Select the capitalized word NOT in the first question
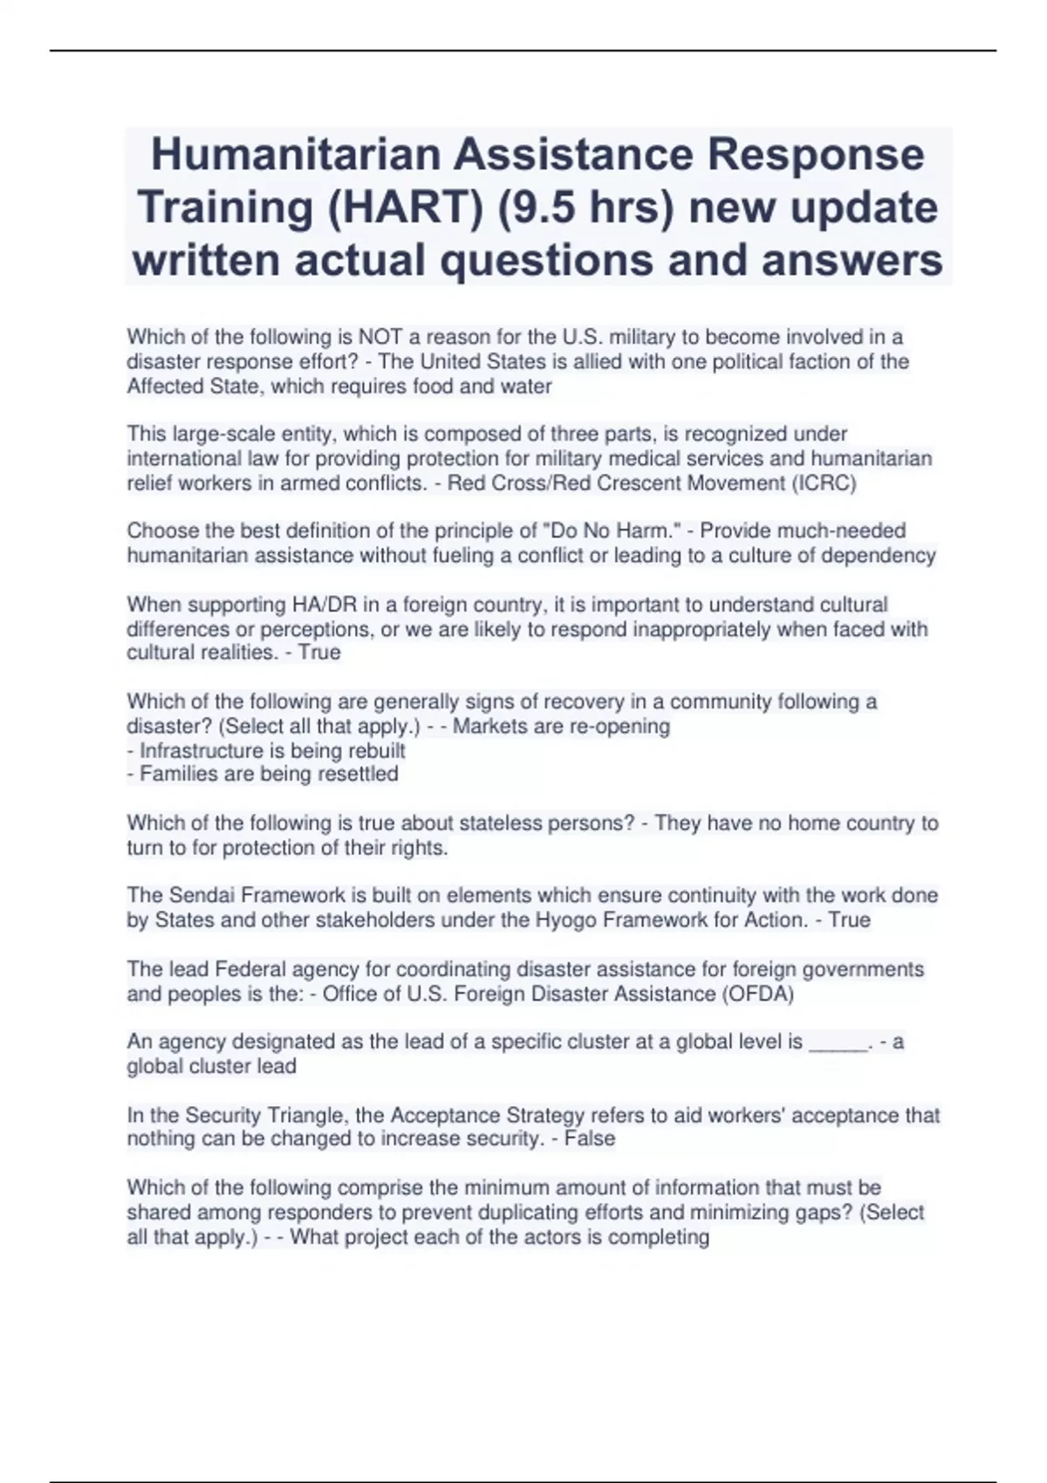click(x=380, y=337)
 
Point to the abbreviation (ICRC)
click(x=824, y=483)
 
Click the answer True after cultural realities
click(x=319, y=653)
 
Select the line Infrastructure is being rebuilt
click(x=272, y=750)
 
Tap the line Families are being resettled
click(x=269, y=774)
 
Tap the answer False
click(x=590, y=1138)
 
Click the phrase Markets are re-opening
click(x=561, y=726)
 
